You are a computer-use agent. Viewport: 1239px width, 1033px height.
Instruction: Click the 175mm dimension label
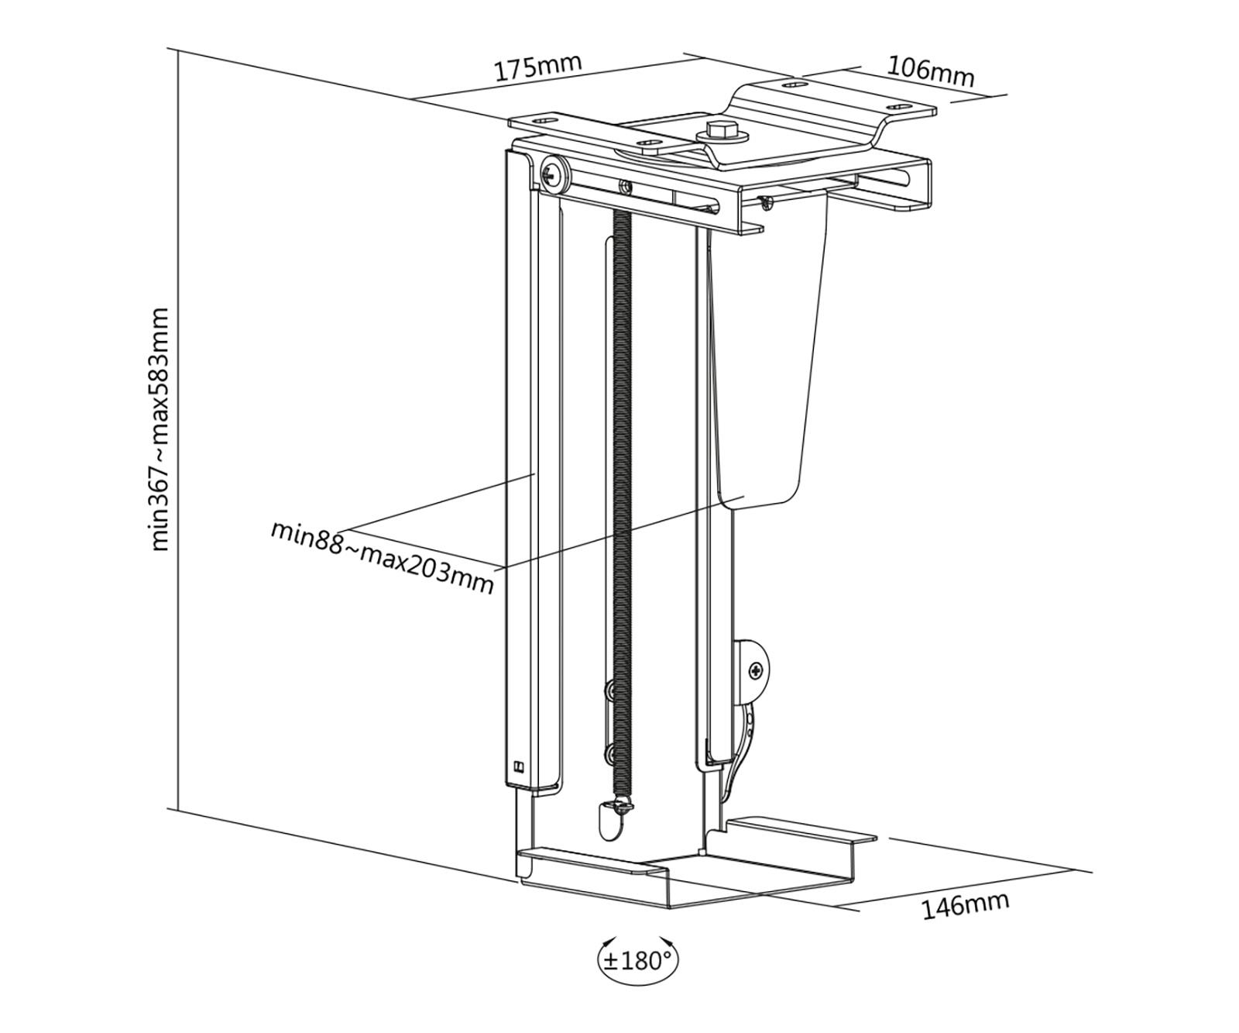(537, 67)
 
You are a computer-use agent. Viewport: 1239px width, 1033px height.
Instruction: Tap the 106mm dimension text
(929, 71)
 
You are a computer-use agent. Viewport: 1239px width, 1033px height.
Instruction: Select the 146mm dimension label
(965, 905)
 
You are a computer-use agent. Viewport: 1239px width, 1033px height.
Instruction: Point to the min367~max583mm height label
(160, 429)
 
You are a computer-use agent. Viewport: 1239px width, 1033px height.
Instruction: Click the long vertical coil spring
(622, 504)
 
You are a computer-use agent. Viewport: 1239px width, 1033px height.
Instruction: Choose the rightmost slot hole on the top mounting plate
(898, 106)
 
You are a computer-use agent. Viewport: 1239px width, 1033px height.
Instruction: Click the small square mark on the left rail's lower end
(518, 769)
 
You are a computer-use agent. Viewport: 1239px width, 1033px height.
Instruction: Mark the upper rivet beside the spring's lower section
(609, 688)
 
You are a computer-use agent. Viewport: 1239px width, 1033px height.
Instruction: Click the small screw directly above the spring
(624, 186)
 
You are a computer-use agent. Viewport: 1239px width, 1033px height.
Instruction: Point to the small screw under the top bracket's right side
(766, 202)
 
